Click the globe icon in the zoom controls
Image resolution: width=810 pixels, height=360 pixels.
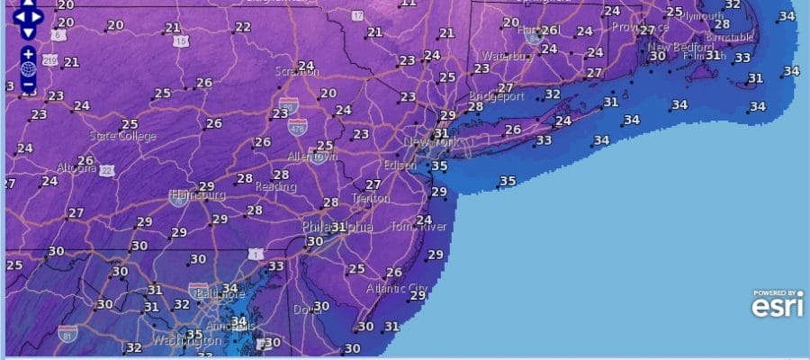[28, 69]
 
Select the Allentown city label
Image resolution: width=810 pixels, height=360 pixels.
[311, 156]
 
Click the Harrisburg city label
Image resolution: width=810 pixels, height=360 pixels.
[197, 194]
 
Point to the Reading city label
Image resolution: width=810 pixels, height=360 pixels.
[276, 187]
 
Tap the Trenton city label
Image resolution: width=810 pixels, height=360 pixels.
[371, 198]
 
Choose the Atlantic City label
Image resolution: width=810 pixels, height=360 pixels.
[397, 288]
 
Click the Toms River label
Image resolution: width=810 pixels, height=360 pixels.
[418, 225]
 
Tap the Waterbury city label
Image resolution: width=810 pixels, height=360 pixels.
[508, 55]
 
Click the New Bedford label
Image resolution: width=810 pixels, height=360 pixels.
[672, 47]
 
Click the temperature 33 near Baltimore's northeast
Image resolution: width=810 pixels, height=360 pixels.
[275, 266]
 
